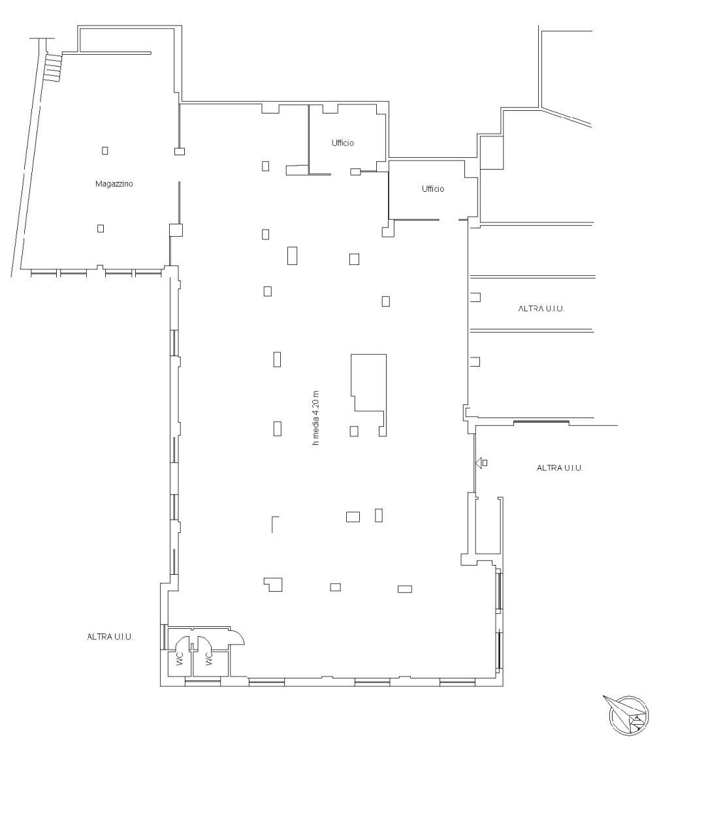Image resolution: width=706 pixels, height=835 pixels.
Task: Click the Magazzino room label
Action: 114,185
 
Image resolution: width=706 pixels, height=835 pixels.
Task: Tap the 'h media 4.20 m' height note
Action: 316,417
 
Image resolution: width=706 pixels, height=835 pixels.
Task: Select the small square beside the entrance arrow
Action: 485,463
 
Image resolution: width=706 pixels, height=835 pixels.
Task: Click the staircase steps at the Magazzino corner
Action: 52,68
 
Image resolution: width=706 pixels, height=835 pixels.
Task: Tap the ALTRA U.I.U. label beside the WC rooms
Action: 110,637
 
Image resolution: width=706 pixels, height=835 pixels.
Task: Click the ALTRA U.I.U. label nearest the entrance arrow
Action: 560,468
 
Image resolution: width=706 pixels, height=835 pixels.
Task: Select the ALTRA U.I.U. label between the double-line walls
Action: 541,309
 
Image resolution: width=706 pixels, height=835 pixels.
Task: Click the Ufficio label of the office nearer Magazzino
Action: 342,143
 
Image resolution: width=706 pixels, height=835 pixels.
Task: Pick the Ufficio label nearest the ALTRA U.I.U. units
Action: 433,189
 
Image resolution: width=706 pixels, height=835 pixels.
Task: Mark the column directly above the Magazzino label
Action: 104,151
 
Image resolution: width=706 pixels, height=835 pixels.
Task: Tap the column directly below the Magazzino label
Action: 101,228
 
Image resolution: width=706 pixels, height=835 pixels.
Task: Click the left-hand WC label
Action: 179,660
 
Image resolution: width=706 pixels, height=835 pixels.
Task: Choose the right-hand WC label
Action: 209,660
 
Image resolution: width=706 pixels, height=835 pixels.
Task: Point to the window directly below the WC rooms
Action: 202,682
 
